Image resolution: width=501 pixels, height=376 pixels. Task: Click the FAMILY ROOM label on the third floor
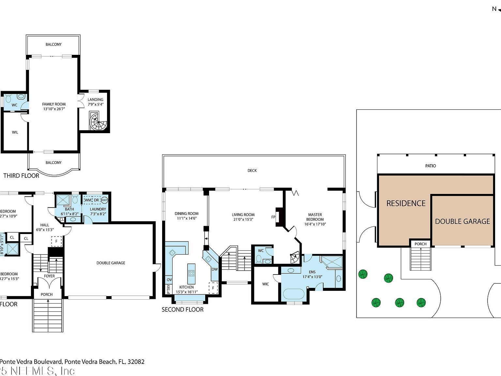pos(54,104)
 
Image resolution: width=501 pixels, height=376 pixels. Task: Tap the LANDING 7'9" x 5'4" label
pos(96,102)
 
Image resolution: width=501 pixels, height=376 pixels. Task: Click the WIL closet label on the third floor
pos(15,132)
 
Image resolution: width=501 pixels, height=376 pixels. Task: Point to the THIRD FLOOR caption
pos(21,176)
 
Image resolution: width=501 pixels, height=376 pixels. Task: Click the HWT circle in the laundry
pos(104,200)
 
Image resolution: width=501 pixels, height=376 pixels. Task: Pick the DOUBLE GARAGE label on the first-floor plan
pos(111,263)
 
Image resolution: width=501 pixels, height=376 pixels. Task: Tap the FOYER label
pos(50,276)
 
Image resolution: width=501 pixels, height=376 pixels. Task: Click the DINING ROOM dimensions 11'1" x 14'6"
pos(187,218)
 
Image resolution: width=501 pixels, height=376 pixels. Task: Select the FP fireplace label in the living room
pos(273,217)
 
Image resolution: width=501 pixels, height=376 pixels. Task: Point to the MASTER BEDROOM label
pos(315,217)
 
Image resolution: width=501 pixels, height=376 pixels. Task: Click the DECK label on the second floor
pos(252,170)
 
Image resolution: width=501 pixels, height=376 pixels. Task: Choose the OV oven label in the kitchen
pos(169,280)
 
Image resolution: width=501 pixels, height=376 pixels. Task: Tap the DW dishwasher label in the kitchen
pos(214,269)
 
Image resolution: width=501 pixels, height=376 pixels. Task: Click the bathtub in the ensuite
pos(294,294)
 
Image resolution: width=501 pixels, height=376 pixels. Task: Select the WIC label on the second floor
pos(266,284)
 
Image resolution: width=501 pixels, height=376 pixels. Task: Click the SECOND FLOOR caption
pos(183,309)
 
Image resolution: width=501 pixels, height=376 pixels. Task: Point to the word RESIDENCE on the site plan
pos(406,203)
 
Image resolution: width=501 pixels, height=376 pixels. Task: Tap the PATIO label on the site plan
pos(431,166)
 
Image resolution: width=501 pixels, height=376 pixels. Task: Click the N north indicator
pos(494,9)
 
